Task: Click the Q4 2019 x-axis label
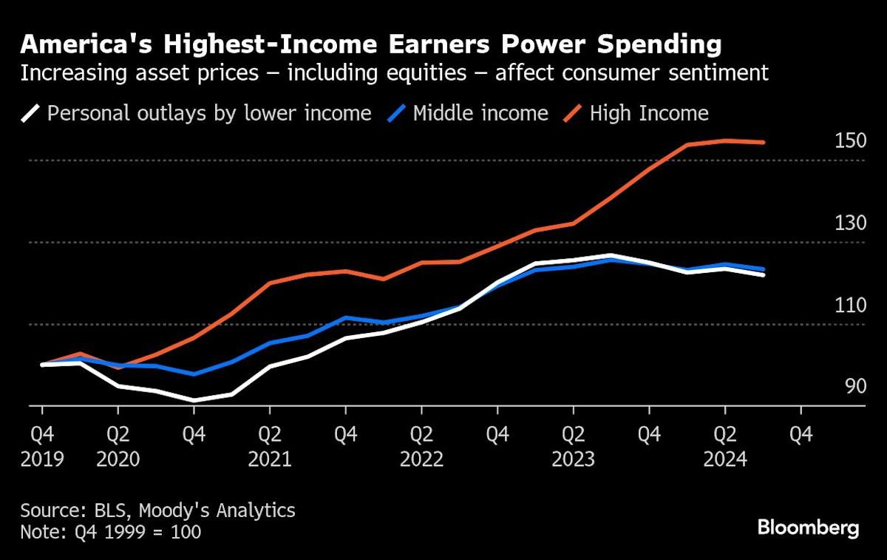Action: pyautogui.click(x=42, y=446)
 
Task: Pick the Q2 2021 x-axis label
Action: pyautogui.click(x=270, y=446)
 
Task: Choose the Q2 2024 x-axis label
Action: pyautogui.click(x=724, y=446)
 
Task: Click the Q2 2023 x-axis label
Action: pyautogui.click(x=573, y=446)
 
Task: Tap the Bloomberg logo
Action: pyautogui.click(x=808, y=527)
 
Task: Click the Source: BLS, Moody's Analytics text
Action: pyautogui.click(x=157, y=510)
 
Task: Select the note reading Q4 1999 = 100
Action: pyautogui.click(x=110, y=532)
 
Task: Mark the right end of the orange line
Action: pyautogui.click(x=763, y=142)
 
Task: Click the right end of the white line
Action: pyautogui.click(x=763, y=274)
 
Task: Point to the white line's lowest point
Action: pyautogui.click(x=194, y=400)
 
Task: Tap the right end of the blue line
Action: pyautogui.click(x=763, y=269)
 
